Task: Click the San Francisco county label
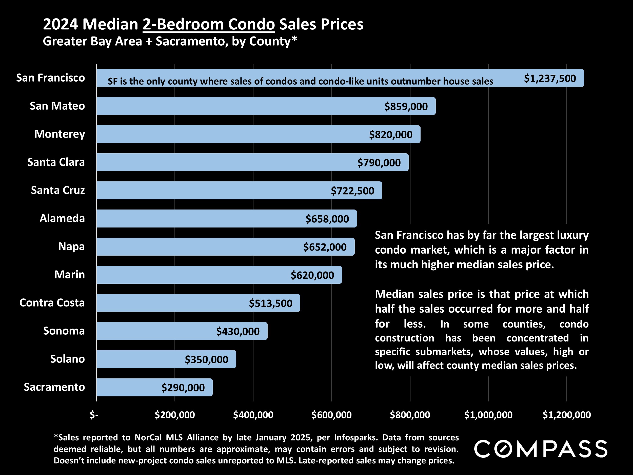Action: pos(50,78)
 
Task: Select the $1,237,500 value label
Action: pos(550,79)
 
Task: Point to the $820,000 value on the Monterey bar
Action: pos(391,135)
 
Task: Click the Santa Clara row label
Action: pos(56,162)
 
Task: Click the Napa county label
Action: pos(72,246)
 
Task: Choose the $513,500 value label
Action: pos(270,303)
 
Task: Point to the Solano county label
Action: pos(68,359)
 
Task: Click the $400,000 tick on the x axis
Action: pos(253,415)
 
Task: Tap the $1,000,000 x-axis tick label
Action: pos(488,415)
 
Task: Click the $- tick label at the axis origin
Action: pos(94,415)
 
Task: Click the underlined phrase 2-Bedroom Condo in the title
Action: pos(209,24)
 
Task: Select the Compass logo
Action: pos(541,449)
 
